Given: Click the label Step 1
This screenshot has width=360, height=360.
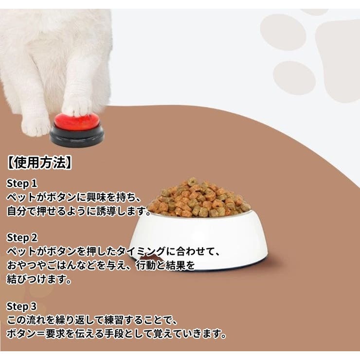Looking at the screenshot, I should click(x=21, y=183).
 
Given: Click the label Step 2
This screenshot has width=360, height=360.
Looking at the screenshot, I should click(x=21, y=237).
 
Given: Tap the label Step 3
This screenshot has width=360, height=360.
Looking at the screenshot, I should click(x=21, y=306).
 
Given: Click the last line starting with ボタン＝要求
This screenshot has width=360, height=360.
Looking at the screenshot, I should click(x=117, y=334).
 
